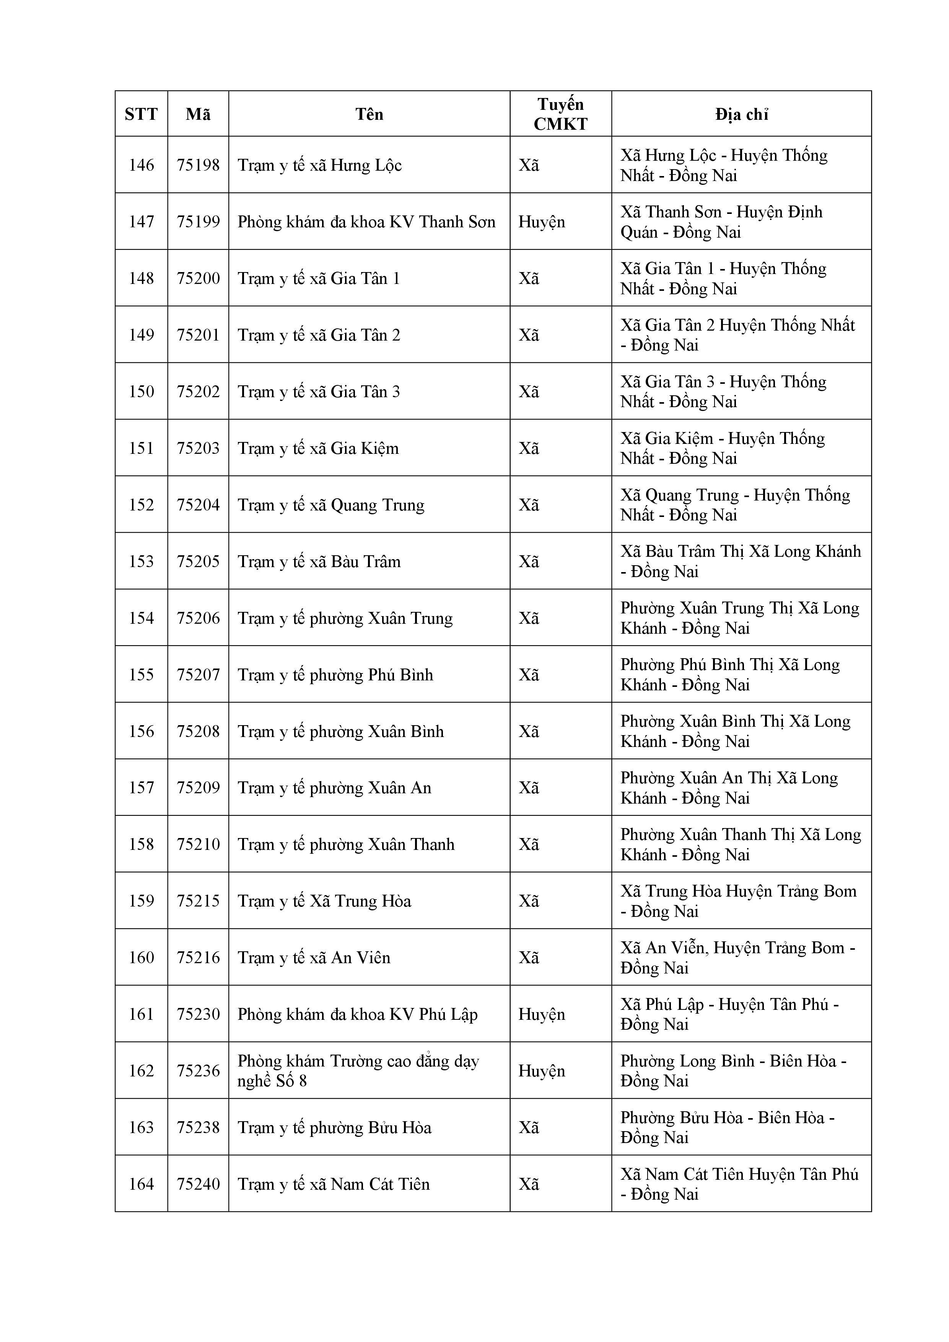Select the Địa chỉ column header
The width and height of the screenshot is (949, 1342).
pyautogui.click(x=741, y=114)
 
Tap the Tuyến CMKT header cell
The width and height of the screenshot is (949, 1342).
pyautogui.click(x=560, y=114)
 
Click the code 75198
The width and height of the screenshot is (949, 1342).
pyautogui.click(x=198, y=165)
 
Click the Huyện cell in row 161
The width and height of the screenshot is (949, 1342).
pyautogui.click(x=541, y=1014)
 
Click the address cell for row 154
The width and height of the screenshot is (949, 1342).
pyautogui.click(x=740, y=618)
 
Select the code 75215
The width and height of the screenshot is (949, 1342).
pyautogui.click(x=198, y=901)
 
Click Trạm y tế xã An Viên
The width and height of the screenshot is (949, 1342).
pyautogui.click(x=314, y=958)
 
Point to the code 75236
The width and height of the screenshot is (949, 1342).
pyautogui.click(x=198, y=1071)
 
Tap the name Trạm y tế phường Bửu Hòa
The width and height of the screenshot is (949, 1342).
pyautogui.click(x=334, y=1127)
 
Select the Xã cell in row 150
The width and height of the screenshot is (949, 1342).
pyautogui.click(x=529, y=391)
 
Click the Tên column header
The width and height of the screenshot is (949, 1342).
pyautogui.click(x=370, y=114)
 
